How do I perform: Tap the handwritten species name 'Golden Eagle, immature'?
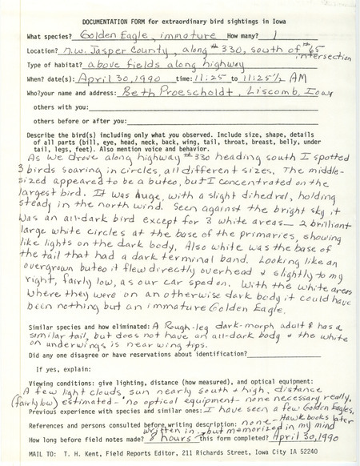click(x=132, y=36)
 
